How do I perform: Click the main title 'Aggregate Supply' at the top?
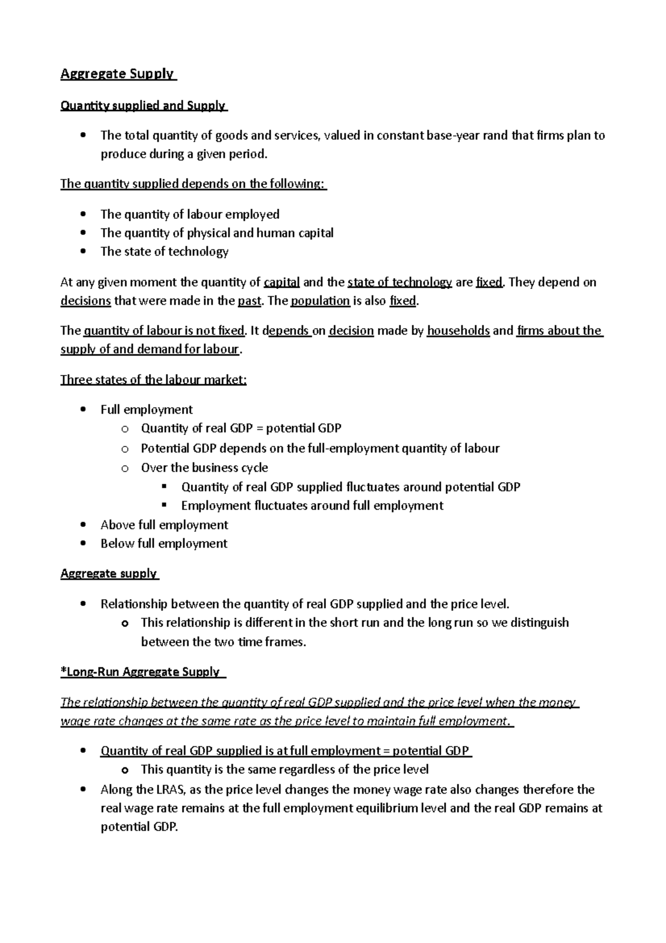tap(117, 74)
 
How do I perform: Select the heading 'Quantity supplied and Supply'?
tap(143, 106)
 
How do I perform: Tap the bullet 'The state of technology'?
tap(164, 252)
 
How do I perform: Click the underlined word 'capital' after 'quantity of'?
tap(282, 282)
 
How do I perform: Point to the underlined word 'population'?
tap(320, 301)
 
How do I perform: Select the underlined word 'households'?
tap(458, 331)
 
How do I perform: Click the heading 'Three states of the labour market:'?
tap(153, 380)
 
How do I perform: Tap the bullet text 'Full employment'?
tap(147, 410)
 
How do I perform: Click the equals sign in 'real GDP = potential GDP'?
tap(260, 428)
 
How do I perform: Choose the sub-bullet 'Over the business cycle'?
tap(204, 468)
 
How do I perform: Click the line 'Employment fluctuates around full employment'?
tap(312, 505)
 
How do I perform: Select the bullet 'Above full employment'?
tap(164, 525)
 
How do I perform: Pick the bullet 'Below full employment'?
tap(164, 543)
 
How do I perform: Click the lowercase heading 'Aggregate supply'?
tap(109, 573)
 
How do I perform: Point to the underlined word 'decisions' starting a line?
tap(85, 301)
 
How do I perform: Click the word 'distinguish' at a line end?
tap(539, 623)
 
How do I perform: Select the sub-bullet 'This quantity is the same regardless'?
tap(285, 769)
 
